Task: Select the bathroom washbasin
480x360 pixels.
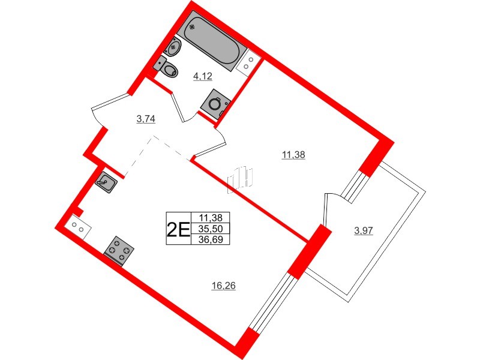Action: [175, 45]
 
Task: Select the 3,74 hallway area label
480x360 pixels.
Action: [146, 119]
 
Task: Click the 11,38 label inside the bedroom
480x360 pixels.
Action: [293, 155]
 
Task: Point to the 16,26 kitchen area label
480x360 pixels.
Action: [223, 286]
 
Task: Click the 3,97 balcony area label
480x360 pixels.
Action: [364, 230]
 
